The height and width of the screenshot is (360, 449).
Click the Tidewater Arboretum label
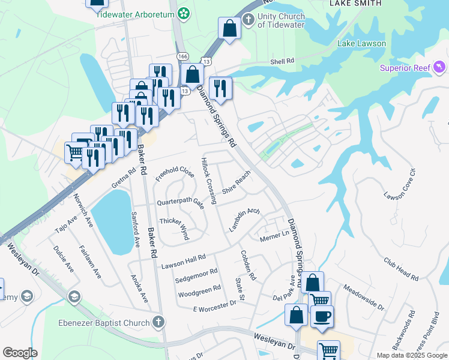click(x=136, y=14)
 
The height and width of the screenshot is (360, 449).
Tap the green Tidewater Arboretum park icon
click(x=184, y=13)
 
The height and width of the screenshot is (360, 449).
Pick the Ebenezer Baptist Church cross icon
click(x=158, y=322)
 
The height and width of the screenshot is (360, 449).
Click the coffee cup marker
click(x=321, y=317)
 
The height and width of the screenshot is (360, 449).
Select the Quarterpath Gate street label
click(x=180, y=202)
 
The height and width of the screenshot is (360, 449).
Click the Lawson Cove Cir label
click(x=400, y=185)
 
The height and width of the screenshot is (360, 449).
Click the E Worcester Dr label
click(x=215, y=307)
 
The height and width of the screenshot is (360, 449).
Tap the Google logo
click(x=20, y=352)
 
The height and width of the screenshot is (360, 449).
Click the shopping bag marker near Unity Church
click(x=229, y=28)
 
